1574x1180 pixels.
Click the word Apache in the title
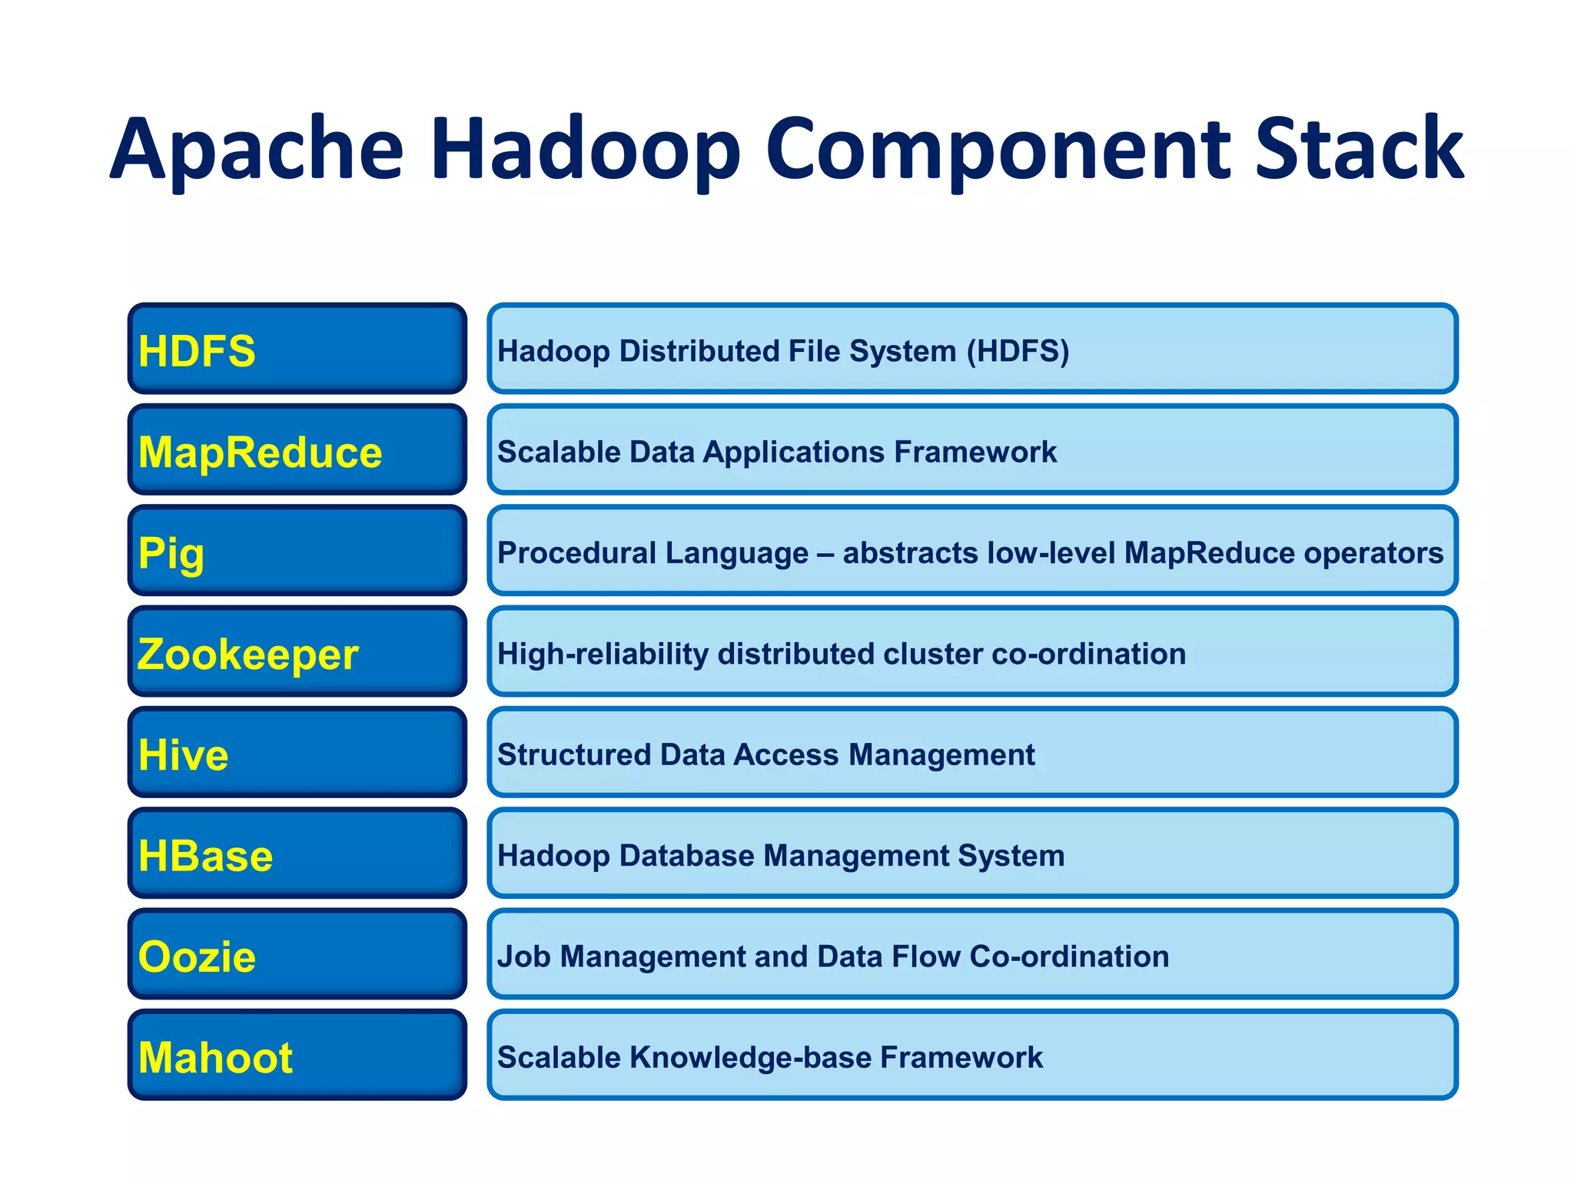(x=257, y=150)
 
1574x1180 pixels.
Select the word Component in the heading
(x=998, y=150)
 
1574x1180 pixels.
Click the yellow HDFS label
(x=197, y=351)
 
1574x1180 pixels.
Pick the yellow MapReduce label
(x=260, y=452)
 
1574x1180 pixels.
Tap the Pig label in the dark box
(x=171, y=554)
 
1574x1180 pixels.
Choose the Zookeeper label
(x=247, y=655)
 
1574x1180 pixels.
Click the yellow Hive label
(x=183, y=755)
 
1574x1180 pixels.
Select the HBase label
(x=205, y=856)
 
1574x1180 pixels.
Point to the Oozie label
(x=197, y=957)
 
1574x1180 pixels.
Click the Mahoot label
(x=215, y=1058)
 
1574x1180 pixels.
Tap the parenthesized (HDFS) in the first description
(x=1018, y=351)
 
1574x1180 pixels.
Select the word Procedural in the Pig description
(x=576, y=553)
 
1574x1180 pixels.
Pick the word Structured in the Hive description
(x=573, y=755)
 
